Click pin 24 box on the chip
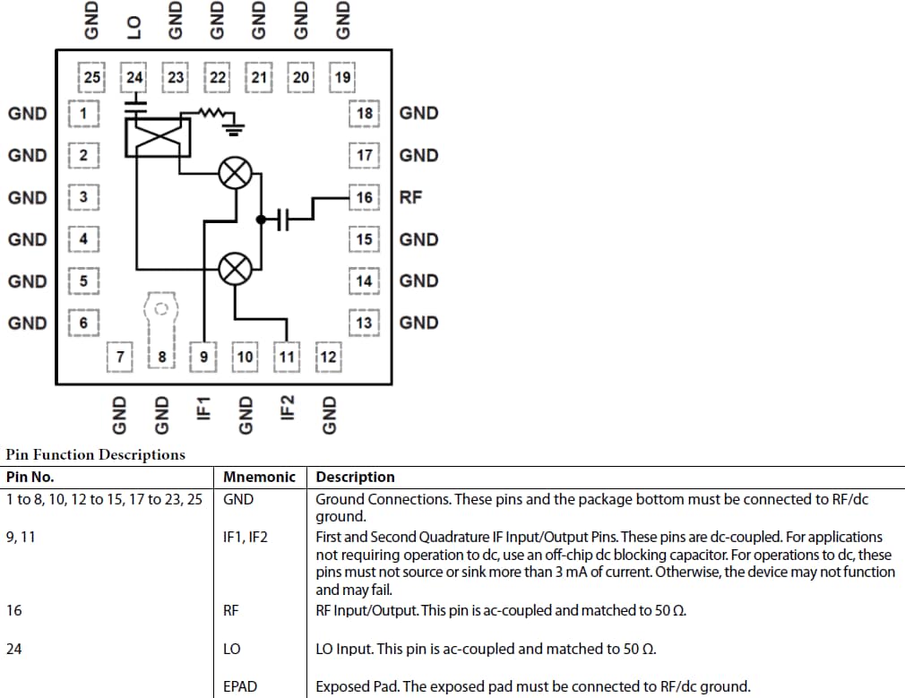pos(134,77)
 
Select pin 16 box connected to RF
pos(364,197)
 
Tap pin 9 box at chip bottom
pos(203,357)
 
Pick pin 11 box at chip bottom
pos(287,357)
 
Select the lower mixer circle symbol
pos(235,268)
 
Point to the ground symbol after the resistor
pos(234,129)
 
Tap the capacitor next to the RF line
pos(284,219)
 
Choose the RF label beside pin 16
pos(410,197)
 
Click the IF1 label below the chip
pos(203,408)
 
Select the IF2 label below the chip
pos(287,408)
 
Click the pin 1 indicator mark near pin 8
pos(160,309)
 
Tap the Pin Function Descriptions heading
pos(95,454)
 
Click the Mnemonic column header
pos(259,477)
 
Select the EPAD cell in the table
pos(240,686)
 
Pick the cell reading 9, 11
pos(22,537)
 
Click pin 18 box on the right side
pos(364,114)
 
